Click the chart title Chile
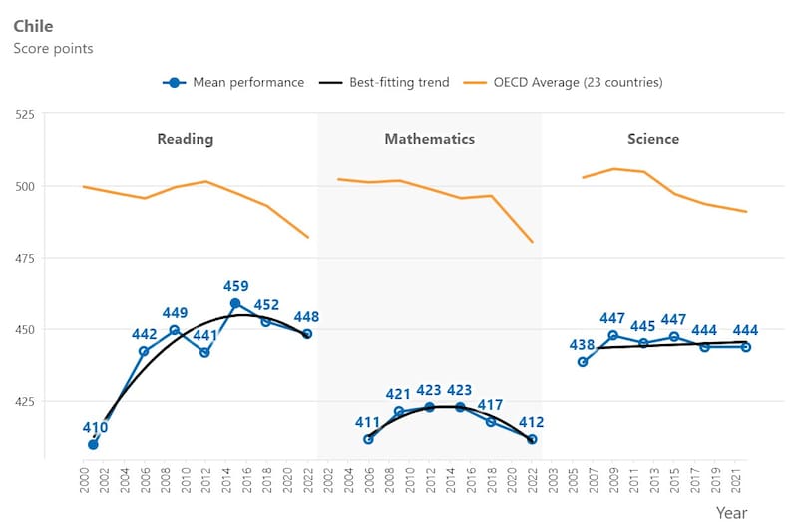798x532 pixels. pos(33,26)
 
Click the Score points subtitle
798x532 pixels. pos(53,48)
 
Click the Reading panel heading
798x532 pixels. pos(186,139)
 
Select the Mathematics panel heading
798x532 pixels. pos(430,139)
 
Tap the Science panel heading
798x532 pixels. pos(653,139)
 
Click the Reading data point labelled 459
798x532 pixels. pos(235,303)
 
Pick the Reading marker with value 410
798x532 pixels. pos(93,444)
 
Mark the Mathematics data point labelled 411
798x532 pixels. pos(368,439)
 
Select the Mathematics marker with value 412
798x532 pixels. pos(532,439)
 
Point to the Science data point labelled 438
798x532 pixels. pos(583,362)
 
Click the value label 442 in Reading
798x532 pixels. pos(146,334)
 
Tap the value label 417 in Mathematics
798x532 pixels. pos(491,405)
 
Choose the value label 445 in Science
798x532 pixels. pos(643,326)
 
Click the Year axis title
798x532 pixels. pos(731,512)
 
